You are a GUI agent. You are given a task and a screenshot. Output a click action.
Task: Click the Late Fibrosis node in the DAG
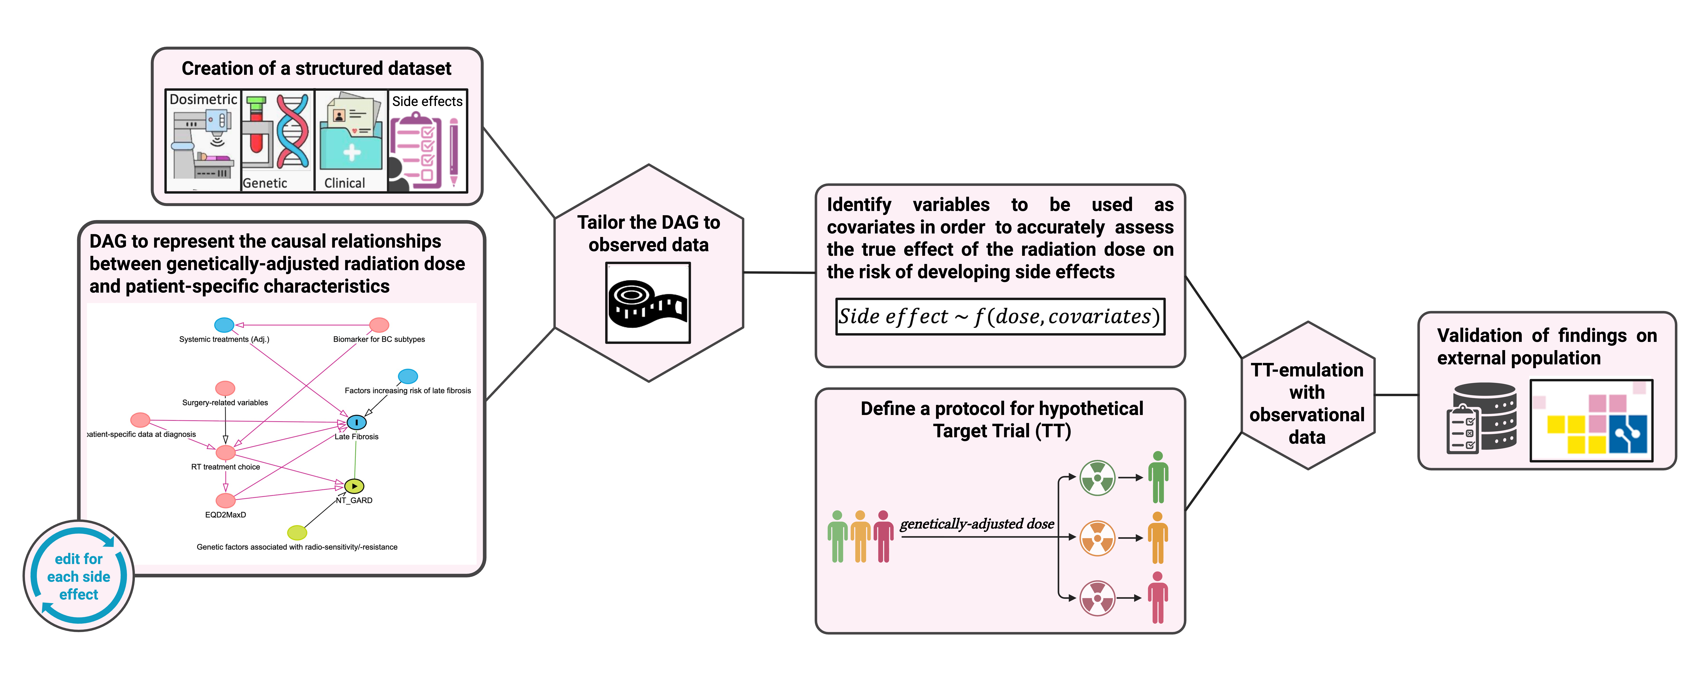click(356, 422)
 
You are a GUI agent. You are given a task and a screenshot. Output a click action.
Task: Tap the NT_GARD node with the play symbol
click(354, 487)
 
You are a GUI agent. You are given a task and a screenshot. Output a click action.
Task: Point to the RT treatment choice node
click(226, 452)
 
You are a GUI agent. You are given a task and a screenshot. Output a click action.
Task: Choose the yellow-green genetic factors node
click(297, 532)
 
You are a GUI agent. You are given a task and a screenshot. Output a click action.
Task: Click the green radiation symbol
click(1097, 477)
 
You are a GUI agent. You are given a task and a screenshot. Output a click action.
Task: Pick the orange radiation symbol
click(1097, 538)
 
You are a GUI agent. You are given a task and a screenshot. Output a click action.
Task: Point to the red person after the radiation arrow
click(1158, 598)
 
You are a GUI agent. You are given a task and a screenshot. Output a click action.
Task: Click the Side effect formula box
click(1000, 317)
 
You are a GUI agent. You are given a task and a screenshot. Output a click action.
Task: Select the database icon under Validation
click(1484, 418)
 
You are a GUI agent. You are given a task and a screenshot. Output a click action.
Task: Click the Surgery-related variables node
click(225, 388)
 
